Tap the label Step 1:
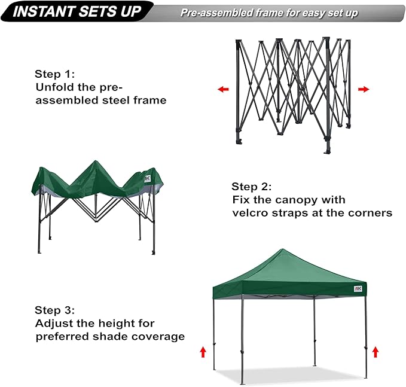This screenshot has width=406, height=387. (54, 75)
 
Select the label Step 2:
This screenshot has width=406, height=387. (252, 187)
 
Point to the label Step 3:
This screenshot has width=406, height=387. (54, 310)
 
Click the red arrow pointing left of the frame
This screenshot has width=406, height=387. (223, 89)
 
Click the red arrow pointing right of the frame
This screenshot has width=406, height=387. (364, 89)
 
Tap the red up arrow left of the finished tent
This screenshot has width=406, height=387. (203, 351)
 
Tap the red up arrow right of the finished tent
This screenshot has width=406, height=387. (375, 351)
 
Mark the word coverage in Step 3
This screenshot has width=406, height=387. (158, 336)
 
